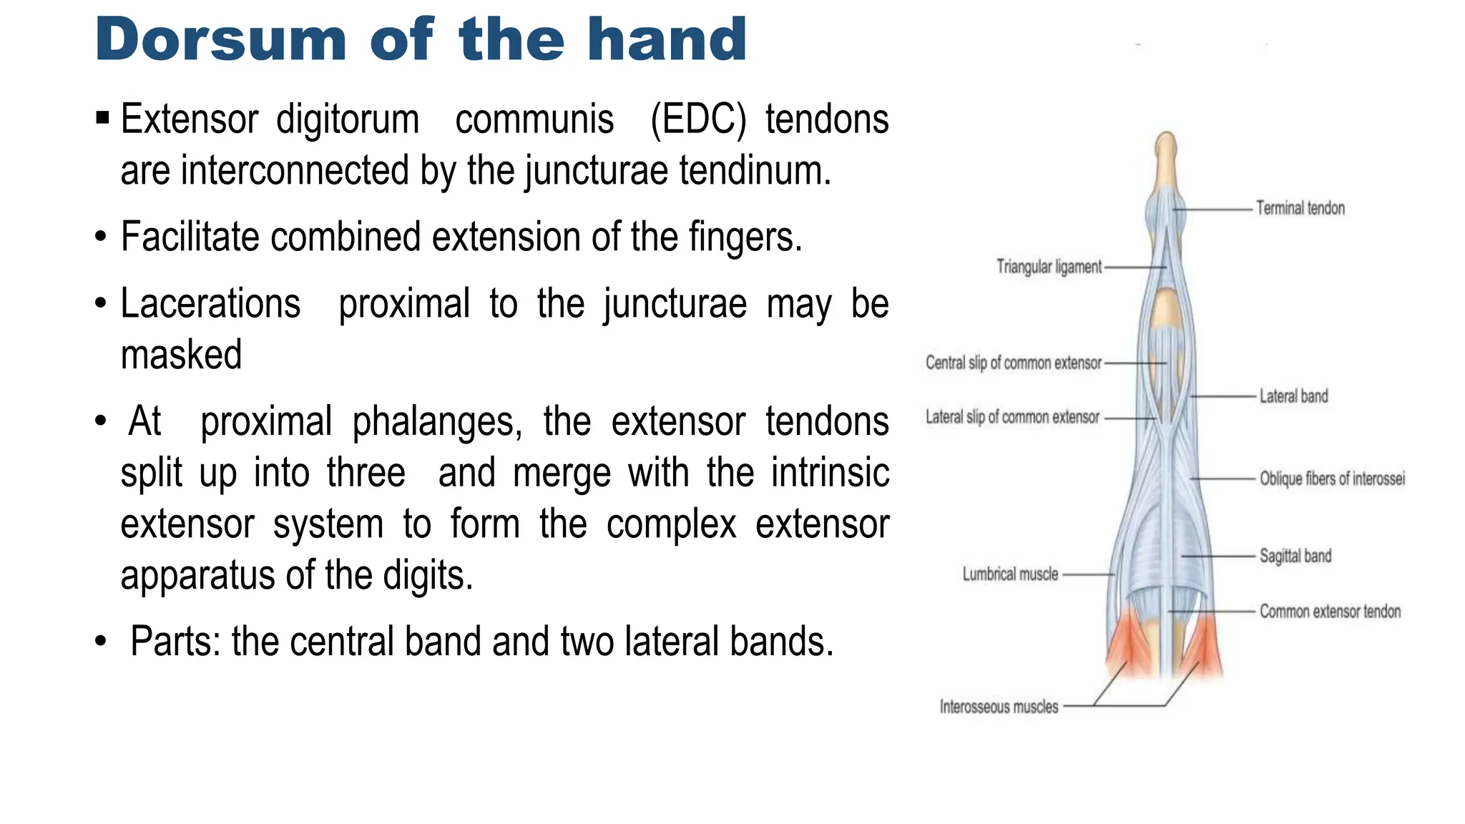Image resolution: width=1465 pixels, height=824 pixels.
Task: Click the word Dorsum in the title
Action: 220,40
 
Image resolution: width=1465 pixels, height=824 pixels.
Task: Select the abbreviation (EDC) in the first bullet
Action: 698,119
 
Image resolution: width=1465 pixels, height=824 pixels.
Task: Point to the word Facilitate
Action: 190,237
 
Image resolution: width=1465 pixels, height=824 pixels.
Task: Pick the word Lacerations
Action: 210,303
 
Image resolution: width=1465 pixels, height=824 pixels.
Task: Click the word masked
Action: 181,355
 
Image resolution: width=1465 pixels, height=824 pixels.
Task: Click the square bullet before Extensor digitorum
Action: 102,117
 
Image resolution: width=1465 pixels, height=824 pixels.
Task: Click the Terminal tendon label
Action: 1300,209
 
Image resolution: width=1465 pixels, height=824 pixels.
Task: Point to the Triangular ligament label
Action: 1049,268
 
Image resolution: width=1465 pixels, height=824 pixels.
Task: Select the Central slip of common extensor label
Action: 1013,363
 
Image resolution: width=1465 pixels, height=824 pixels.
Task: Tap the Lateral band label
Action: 1293,396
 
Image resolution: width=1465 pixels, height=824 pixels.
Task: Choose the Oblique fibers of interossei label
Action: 1332,479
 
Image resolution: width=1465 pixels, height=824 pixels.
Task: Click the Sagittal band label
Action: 1295,556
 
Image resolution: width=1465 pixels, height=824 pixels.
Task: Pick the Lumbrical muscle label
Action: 1009,574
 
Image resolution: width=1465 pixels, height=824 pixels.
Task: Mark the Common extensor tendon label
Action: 1330,612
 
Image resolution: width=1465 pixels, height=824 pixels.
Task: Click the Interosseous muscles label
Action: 999,707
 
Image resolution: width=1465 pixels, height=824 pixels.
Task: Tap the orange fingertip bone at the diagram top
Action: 1166,154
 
